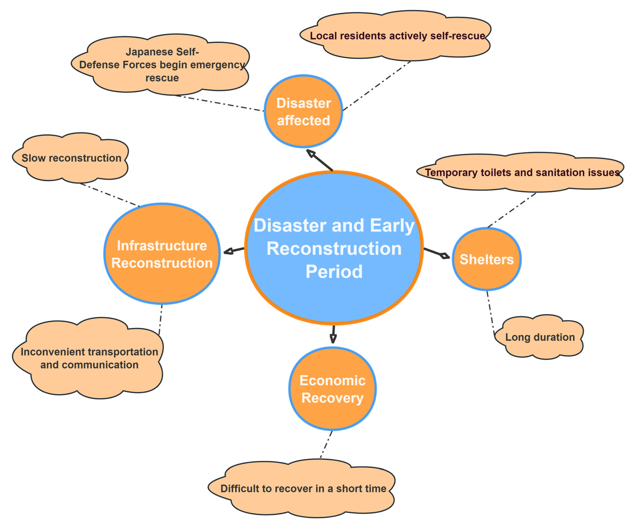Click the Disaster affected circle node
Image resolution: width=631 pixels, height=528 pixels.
tap(303, 111)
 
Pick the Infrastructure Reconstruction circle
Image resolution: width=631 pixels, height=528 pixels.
tap(162, 254)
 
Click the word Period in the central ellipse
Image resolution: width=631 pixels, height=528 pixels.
tap(334, 272)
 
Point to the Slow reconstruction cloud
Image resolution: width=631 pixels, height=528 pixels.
tap(71, 158)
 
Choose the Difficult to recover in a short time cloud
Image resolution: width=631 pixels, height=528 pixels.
tap(303, 489)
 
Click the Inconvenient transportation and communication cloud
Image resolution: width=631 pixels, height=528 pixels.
tap(89, 358)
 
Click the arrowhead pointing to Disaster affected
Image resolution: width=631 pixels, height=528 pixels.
tap(311, 154)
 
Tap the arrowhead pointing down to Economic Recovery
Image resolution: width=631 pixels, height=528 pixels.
tap(333, 339)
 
